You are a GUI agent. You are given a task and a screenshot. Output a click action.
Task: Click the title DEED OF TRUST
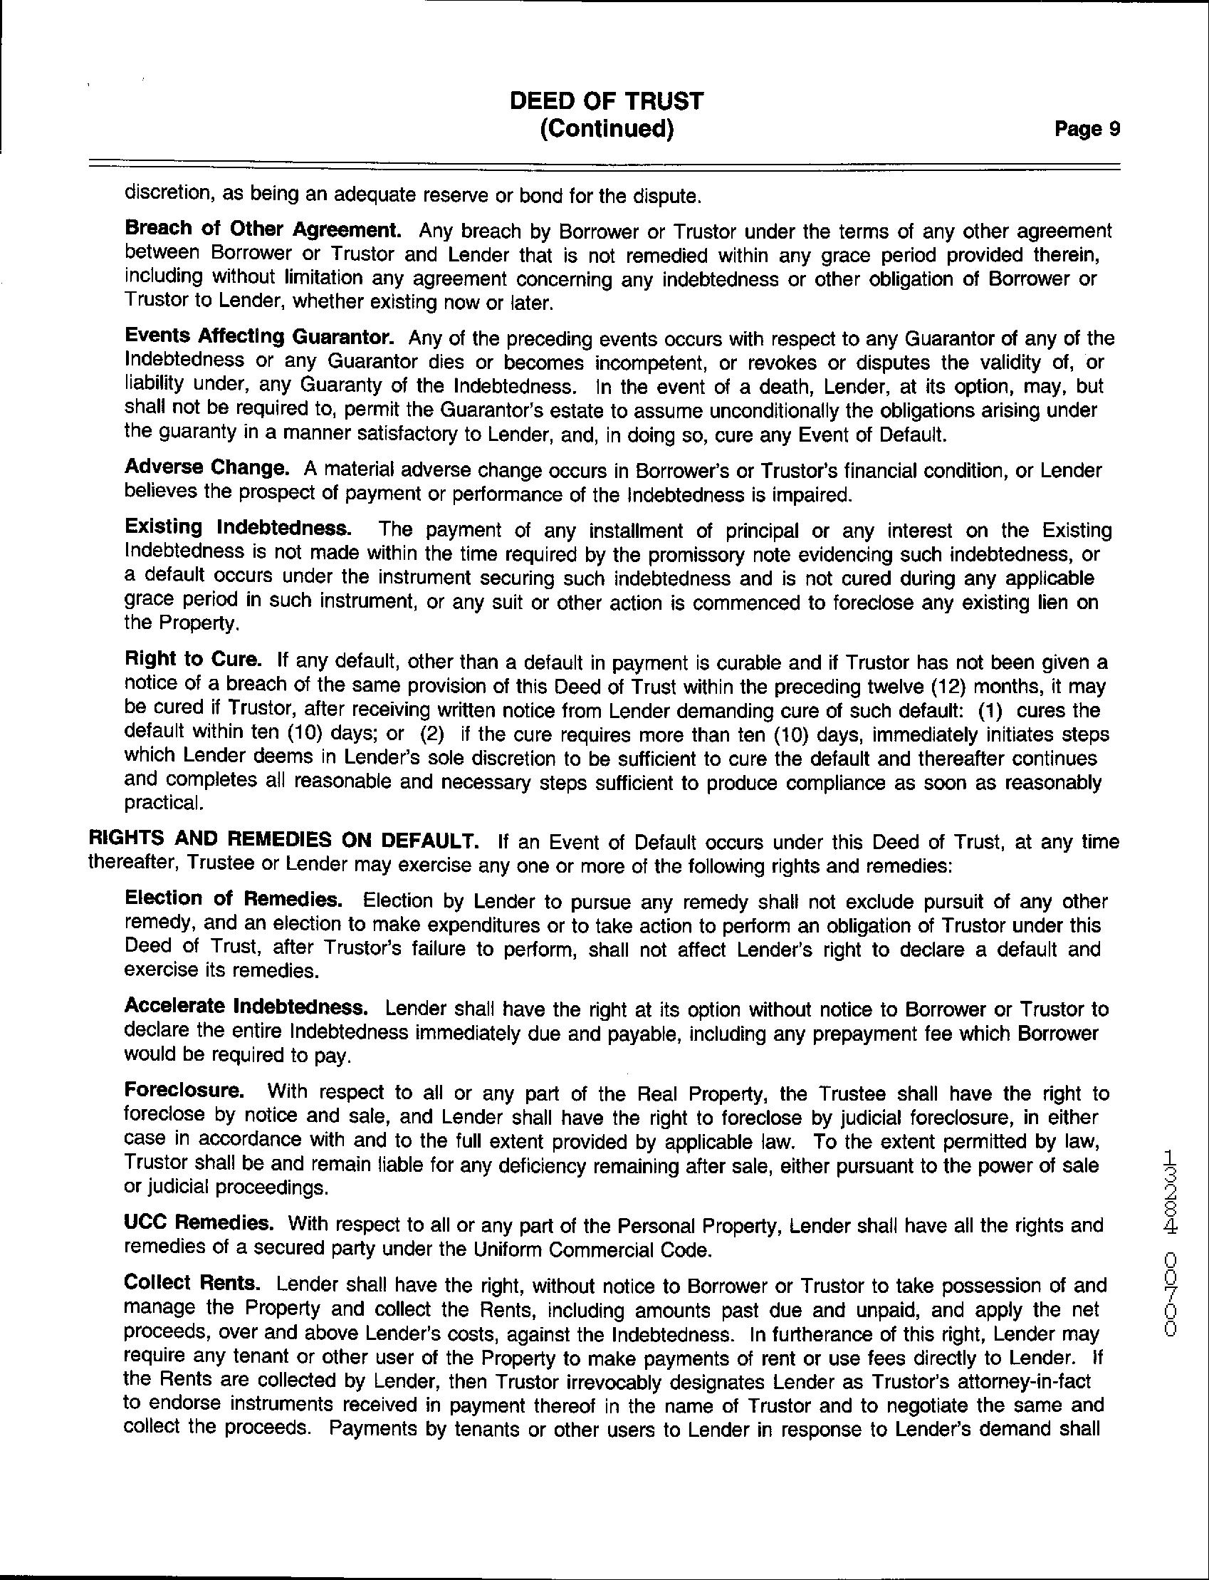coord(606,101)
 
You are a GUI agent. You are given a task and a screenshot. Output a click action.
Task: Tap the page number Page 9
coord(1087,130)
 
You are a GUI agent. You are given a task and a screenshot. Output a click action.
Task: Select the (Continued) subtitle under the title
coord(606,130)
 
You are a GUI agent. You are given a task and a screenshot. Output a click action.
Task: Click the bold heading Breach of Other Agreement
coord(263,229)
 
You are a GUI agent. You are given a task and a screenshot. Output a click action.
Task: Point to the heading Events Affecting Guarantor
coord(259,337)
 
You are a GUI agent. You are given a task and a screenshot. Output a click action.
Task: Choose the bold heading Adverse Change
coord(206,468)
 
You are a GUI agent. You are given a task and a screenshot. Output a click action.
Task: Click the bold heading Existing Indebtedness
coord(239,528)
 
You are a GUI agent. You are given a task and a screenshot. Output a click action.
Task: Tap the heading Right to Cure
coord(192,660)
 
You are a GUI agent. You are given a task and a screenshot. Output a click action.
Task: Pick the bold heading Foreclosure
coord(184,1093)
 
